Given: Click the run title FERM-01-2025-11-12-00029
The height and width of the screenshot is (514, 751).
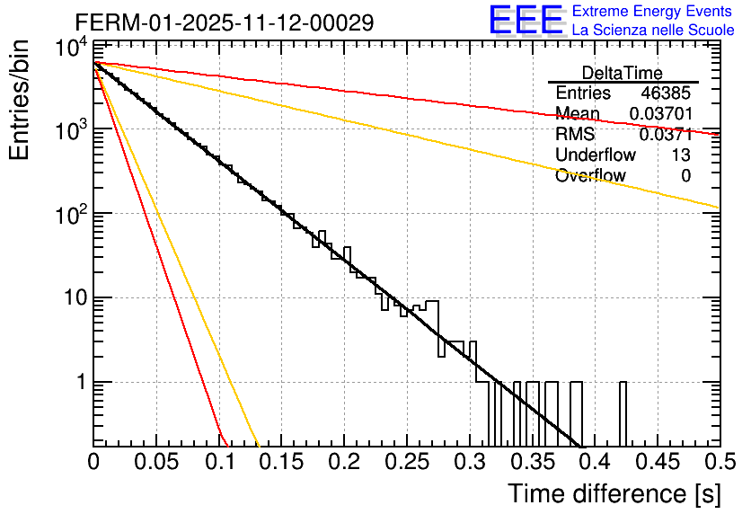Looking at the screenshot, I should coord(224,22).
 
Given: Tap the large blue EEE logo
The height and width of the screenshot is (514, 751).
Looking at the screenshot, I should coord(525,22).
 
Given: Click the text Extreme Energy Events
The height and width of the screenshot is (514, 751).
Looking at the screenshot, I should coord(654,12).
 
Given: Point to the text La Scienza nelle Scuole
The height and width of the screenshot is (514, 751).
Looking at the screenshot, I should coord(654,31).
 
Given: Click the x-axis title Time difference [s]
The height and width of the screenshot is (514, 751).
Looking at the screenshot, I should coord(614,493).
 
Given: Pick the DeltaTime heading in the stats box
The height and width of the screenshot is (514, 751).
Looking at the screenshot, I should coord(623,73).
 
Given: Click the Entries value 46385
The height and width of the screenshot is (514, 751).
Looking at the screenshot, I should coord(666,93).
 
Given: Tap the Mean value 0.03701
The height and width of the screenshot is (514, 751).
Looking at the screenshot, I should coord(660,114).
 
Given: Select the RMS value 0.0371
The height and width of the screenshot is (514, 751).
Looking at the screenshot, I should coord(666,135).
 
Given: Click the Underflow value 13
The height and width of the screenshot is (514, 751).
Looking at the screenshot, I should coord(681,155).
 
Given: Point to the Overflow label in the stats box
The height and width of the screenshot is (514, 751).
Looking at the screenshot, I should coord(590,176).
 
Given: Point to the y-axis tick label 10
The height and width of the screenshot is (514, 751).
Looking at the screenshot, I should coord(72,298).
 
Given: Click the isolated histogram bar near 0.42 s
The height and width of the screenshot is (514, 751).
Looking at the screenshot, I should coord(623,413).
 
